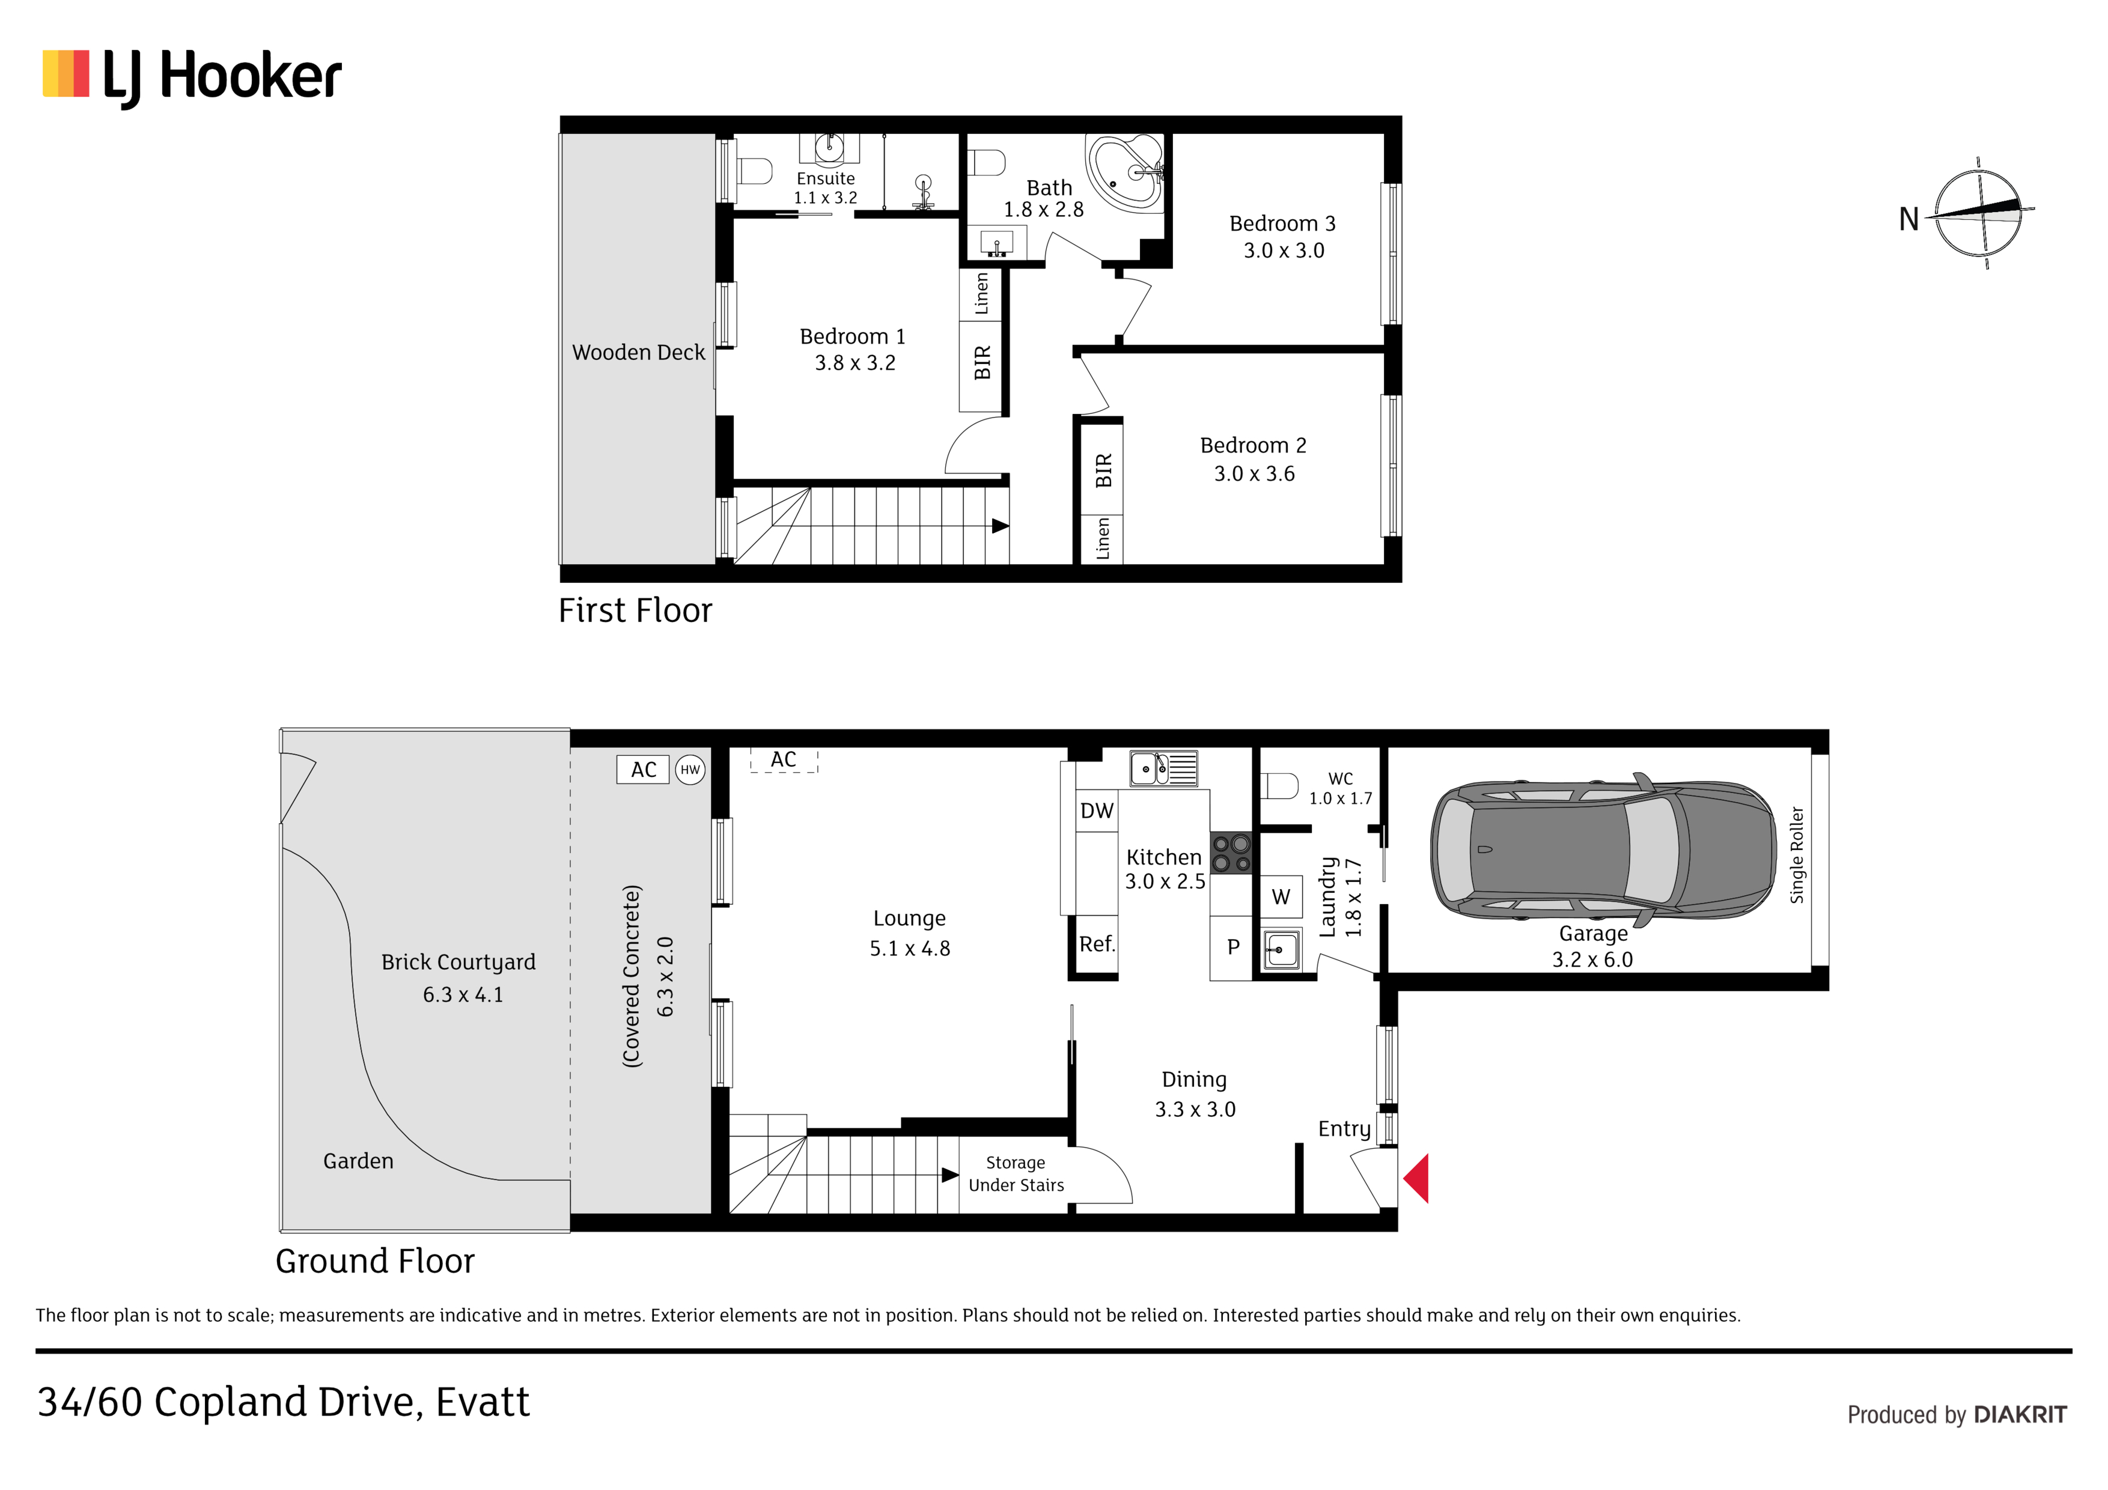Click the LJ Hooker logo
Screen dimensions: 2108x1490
tap(192, 78)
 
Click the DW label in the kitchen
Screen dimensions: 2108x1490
tap(1096, 810)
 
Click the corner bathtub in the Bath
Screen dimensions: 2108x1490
tap(1126, 174)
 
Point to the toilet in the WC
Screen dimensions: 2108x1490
tap(1279, 787)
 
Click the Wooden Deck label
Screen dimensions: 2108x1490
tap(638, 353)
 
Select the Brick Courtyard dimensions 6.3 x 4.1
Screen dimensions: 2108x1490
tap(463, 995)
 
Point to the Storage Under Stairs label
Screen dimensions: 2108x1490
tap(1016, 1174)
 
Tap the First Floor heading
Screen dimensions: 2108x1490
tap(635, 610)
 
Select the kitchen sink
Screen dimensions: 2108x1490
tap(1163, 768)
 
